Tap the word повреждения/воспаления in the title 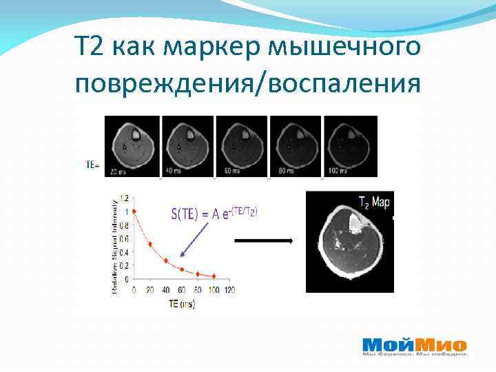pyautogui.click(x=248, y=83)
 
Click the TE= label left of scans pyautogui.click(x=92, y=165)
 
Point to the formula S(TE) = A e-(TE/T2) pyautogui.click(x=214, y=214)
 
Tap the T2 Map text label pyautogui.click(x=374, y=203)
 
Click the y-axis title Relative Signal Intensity pyautogui.click(x=115, y=245)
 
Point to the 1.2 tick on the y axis pyautogui.click(x=124, y=198)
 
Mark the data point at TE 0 pyautogui.click(x=134, y=211)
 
